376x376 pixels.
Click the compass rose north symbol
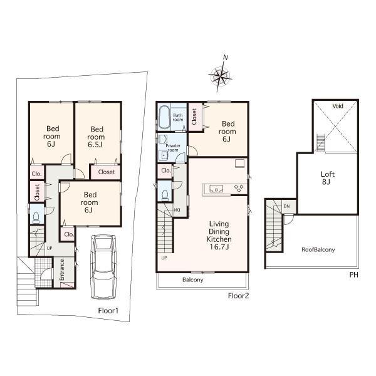pos(219,75)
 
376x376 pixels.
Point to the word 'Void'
pos(338,106)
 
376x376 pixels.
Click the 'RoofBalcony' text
pos(318,249)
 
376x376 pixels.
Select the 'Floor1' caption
pos(108,310)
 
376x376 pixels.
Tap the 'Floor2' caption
pos(239,295)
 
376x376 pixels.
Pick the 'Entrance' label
pos(62,270)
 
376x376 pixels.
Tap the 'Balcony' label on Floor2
pos(193,280)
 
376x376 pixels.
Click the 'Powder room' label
pos(173,148)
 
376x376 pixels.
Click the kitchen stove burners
pos(239,187)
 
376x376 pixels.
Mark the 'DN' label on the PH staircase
pos(286,206)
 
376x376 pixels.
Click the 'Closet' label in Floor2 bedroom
pos(195,117)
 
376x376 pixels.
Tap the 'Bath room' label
pos(178,116)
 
